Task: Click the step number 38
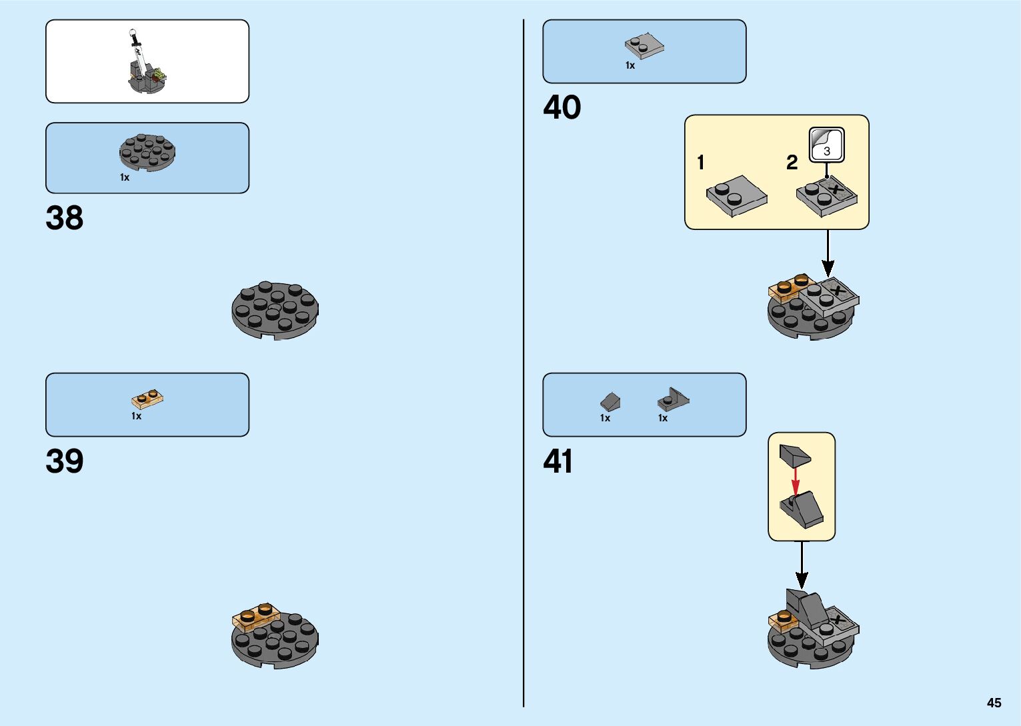(x=65, y=218)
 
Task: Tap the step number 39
(x=65, y=461)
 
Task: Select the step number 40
(x=562, y=107)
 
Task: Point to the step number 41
(x=558, y=461)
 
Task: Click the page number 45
(x=994, y=703)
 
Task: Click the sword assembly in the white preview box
(x=145, y=63)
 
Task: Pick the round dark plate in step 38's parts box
(x=147, y=153)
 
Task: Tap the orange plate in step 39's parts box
(x=148, y=399)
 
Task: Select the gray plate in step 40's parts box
(x=644, y=46)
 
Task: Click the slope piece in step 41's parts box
(x=610, y=401)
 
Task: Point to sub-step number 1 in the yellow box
(x=700, y=163)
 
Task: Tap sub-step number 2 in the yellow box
(x=792, y=163)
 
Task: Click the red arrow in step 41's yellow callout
(x=795, y=481)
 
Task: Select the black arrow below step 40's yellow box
(x=828, y=254)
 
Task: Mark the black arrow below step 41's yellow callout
(x=802, y=565)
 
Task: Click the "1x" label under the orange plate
(x=137, y=416)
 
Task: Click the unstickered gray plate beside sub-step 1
(x=736, y=196)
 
